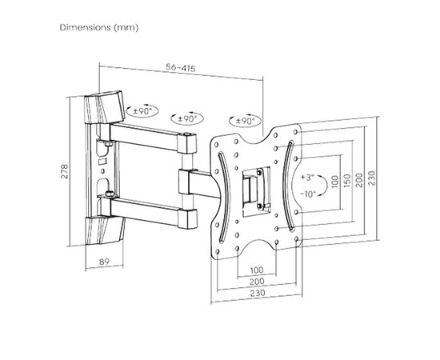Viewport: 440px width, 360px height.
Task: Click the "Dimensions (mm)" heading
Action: tap(99, 27)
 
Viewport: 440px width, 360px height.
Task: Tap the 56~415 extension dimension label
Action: tap(181, 68)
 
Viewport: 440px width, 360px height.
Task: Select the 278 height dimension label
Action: tap(65, 171)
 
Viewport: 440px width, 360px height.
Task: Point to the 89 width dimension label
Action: tap(104, 262)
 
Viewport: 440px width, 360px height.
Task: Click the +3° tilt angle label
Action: tap(307, 178)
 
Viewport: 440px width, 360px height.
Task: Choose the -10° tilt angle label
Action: tap(308, 194)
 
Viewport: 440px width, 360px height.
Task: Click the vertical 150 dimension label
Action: tap(347, 181)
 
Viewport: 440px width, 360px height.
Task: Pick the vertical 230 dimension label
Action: tap(371, 178)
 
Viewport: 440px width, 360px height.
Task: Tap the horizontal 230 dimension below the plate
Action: tap(258, 293)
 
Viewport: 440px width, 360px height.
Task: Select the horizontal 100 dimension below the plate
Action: tap(257, 270)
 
